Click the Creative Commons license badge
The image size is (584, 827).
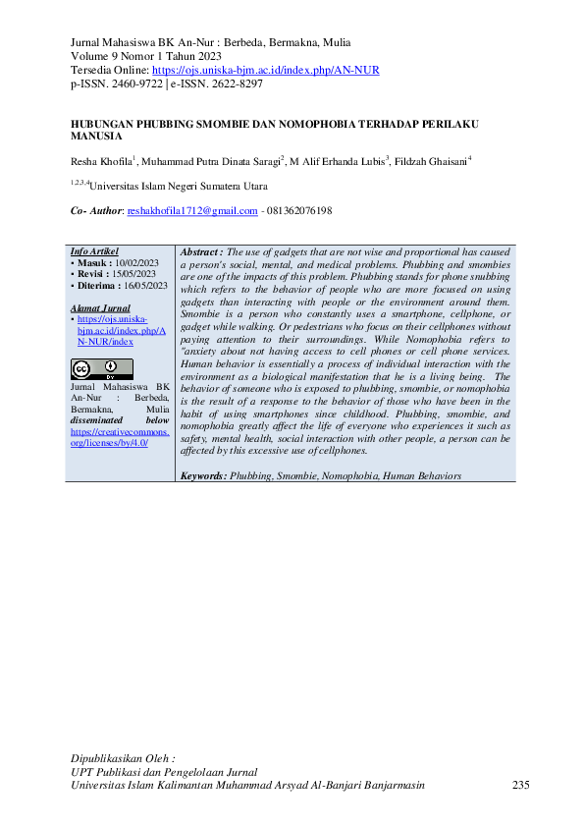point(101,369)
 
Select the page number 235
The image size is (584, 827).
point(521,786)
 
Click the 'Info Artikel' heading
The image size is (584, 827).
point(93,252)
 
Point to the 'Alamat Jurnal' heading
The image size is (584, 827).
point(100,307)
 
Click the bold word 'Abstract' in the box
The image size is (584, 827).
point(201,252)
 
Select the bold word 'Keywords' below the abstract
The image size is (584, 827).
point(203,475)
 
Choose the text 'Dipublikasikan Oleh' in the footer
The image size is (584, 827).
point(123,759)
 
